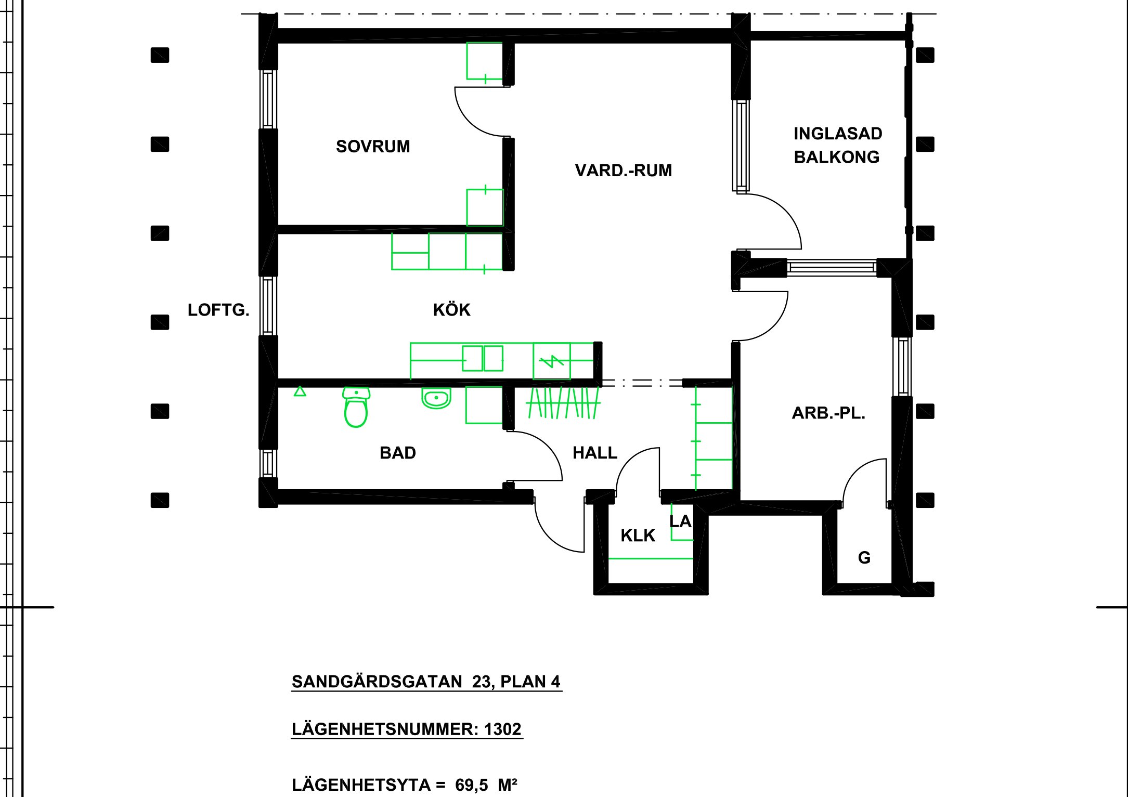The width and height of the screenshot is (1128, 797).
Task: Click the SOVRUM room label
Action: (373, 147)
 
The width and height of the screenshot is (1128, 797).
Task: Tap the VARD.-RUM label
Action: (623, 171)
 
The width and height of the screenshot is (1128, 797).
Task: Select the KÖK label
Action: (451, 310)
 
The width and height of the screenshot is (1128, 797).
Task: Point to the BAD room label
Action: (398, 453)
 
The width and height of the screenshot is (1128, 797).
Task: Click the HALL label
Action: (595, 453)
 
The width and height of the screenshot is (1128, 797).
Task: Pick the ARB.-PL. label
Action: (828, 413)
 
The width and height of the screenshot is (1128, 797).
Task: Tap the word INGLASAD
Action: (838, 134)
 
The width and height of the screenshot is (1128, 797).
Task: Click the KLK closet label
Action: (638, 535)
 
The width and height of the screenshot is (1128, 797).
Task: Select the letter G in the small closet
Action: (864, 558)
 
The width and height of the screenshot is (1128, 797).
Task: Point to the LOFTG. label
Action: (218, 310)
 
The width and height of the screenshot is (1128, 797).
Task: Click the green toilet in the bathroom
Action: (356, 408)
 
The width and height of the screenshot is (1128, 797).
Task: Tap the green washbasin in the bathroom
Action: (436, 398)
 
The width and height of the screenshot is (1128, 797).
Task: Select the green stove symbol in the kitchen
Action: (552, 361)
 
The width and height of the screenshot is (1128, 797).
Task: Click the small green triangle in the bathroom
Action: (300, 391)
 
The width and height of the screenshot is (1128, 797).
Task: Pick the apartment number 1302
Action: (502, 729)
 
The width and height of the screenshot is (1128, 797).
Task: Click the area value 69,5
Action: (472, 785)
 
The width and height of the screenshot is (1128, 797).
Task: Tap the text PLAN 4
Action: (530, 682)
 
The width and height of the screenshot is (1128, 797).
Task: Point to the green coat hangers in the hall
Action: (563, 403)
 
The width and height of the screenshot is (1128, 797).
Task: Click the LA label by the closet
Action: (680, 521)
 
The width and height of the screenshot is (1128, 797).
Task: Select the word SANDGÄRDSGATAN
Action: (377, 682)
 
